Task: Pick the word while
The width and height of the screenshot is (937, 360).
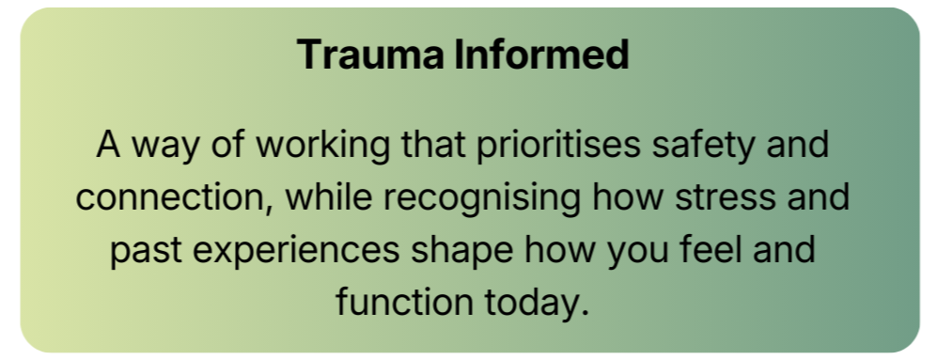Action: point(325,199)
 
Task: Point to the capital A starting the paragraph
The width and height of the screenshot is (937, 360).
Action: point(109,148)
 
